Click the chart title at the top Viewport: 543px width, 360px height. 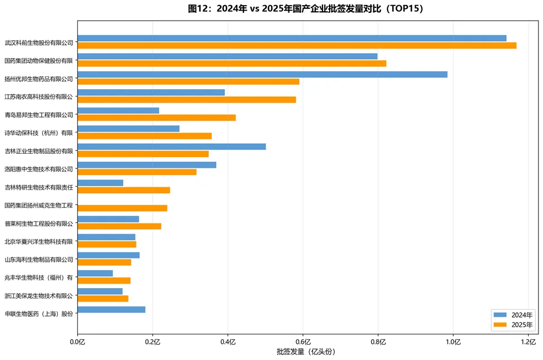[306, 8]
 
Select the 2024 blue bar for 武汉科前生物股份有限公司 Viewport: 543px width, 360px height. [292, 38]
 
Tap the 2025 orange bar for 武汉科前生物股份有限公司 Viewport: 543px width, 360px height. [297, 45]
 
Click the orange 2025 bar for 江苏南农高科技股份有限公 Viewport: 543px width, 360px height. [187, 99]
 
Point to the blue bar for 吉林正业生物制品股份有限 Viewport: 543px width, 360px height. [172, 147]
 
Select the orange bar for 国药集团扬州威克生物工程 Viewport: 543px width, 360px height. [122, 208]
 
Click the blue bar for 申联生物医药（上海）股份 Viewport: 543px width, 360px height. [111, 309]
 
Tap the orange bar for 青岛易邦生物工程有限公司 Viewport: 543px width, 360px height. [156, 118]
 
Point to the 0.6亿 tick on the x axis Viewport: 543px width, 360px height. [303, 341]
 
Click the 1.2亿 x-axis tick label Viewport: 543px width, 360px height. [528, 341]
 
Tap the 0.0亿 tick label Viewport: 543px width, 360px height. [77, 341]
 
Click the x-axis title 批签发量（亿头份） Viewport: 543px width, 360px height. [306, 352]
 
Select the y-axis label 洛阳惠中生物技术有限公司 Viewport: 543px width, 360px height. [39, 168]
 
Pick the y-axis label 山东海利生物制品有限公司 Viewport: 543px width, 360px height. [39, 259]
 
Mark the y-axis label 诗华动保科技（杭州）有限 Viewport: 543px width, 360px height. [39, 133]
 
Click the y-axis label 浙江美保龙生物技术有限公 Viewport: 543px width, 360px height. [39, 295]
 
